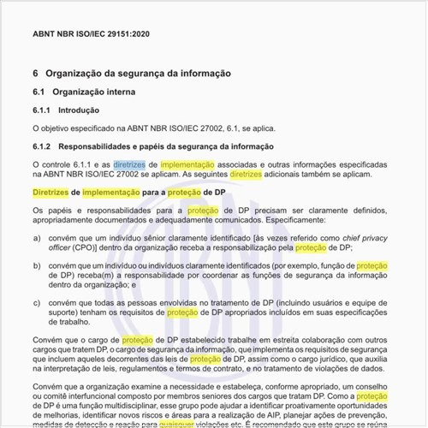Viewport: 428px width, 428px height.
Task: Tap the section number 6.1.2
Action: (x=42, y=146)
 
